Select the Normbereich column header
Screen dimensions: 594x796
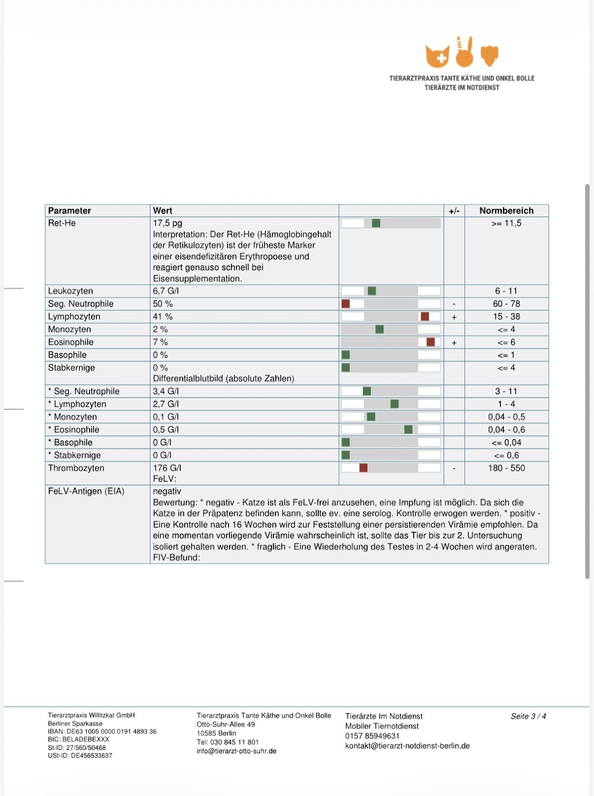tap(506, 211)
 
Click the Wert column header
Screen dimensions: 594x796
tap(162, 211)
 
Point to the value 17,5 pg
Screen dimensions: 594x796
tap(167, 223)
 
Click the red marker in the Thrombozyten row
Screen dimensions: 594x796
tap(363, 468)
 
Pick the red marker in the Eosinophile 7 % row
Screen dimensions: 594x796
tap(430, 342)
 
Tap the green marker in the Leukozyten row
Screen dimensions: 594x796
tap(371, 291)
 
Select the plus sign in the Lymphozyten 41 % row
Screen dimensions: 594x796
tap(454, 317)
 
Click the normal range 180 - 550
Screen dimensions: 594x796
tap(506, 468)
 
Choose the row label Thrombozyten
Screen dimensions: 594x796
tap(76, 468)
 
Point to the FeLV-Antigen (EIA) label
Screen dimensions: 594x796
tap(86, 491)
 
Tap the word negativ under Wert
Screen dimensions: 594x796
tap(167, 491)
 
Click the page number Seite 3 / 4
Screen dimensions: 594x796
tap(528, 716)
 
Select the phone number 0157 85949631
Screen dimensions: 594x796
tap(372, 736)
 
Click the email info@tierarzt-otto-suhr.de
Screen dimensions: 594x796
tap(237, 751)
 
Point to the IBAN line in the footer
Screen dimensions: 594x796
tap(102, 731)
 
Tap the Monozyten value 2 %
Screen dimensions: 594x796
tap(160, 329)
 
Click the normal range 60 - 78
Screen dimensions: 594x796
tap(506, 303)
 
